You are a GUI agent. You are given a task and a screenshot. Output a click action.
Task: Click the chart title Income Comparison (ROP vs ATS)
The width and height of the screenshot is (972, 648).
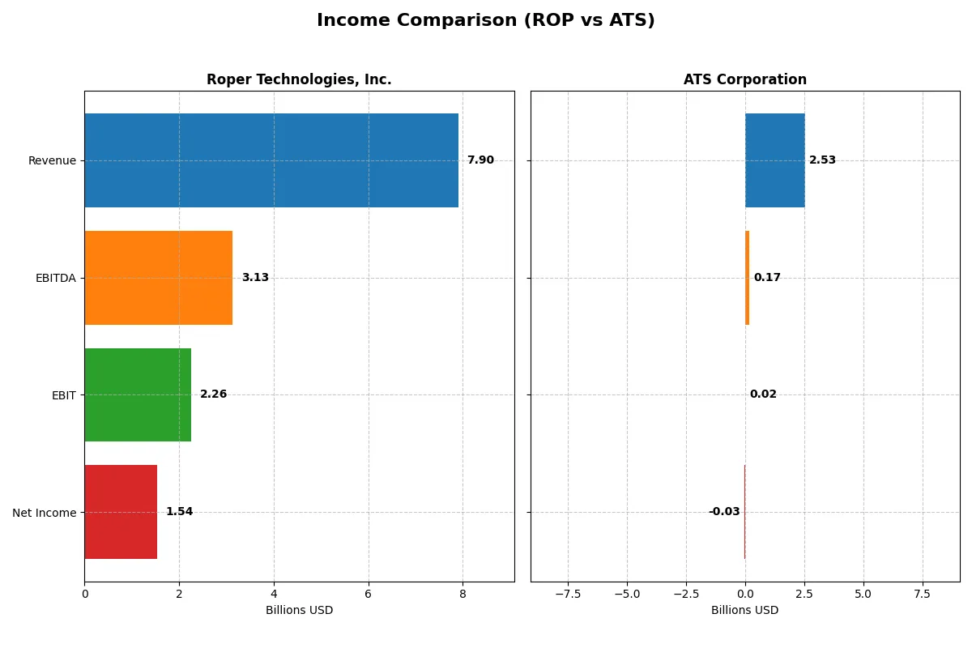coord(485,20)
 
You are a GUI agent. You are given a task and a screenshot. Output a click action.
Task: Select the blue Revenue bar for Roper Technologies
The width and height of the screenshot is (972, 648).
coord(271,160)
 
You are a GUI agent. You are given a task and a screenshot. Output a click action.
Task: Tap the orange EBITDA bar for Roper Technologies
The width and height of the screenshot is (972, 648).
coord(158,278)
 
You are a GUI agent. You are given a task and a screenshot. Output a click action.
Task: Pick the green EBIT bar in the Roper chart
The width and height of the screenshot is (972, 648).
coord(138,394)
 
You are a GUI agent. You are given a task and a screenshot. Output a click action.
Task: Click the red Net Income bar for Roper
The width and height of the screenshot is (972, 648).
coord(121,512)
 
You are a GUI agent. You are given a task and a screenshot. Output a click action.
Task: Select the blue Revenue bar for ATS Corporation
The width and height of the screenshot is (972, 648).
coord(774,160)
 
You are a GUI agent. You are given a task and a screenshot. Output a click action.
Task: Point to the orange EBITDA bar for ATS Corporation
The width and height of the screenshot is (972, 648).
coord(747,278)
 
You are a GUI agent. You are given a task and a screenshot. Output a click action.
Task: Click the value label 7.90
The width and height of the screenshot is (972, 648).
coord(480,160)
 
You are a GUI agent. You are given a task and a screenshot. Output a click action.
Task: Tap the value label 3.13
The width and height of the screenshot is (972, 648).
coord(255,278)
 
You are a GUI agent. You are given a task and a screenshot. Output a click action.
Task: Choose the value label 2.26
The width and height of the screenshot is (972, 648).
coord(214,394)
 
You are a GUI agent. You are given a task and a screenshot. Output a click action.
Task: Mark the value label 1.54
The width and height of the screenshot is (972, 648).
coord(180,512)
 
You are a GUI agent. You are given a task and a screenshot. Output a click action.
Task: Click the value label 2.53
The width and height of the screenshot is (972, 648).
coord(822,160)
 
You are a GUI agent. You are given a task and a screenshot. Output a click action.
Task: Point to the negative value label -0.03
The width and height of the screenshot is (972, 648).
coord(724,512)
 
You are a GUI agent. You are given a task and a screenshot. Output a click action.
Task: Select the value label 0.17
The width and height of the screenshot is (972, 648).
coord(767,278)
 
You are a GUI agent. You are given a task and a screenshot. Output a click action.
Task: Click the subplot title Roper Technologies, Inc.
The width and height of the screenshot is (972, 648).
coord(299,80)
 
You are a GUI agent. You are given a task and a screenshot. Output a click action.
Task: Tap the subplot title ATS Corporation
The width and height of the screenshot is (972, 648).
coord(744,80)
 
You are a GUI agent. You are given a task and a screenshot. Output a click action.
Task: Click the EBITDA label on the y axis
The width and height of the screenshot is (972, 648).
coord(56,278)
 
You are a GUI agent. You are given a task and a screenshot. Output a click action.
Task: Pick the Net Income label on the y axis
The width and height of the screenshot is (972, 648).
coord(45,512)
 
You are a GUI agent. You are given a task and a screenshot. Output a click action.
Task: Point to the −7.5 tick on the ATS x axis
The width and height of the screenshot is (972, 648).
coord(567,594)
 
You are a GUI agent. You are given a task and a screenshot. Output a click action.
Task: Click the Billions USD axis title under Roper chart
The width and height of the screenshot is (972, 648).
coord(299,610)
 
